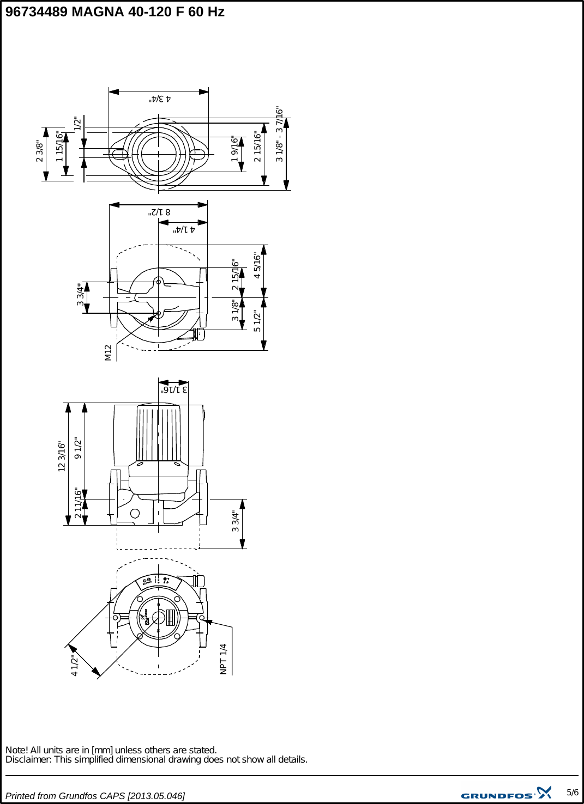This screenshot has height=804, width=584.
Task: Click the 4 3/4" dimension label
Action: (160, 99)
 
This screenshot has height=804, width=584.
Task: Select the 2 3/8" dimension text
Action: (39, 151)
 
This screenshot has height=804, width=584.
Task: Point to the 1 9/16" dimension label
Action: (235, 149)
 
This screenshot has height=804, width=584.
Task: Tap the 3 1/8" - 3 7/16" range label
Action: (280, 134)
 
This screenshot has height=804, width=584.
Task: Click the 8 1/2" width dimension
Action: (159, 212)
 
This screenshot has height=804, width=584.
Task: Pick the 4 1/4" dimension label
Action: (184, 229)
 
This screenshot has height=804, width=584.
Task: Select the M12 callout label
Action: (108, 352)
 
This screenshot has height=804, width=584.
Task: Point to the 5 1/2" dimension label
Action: (257, 321)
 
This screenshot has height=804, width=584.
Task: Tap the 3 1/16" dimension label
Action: (173, 389)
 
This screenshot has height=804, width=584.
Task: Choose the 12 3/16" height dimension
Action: (62, 456)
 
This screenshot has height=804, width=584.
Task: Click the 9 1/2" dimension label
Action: (78, 448)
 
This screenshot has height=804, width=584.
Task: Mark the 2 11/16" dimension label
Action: (78, 503)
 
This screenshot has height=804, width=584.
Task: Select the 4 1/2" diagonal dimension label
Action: (75, 666)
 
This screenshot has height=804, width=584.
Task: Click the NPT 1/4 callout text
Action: (223, 659)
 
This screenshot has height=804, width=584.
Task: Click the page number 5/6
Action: (572, 793)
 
